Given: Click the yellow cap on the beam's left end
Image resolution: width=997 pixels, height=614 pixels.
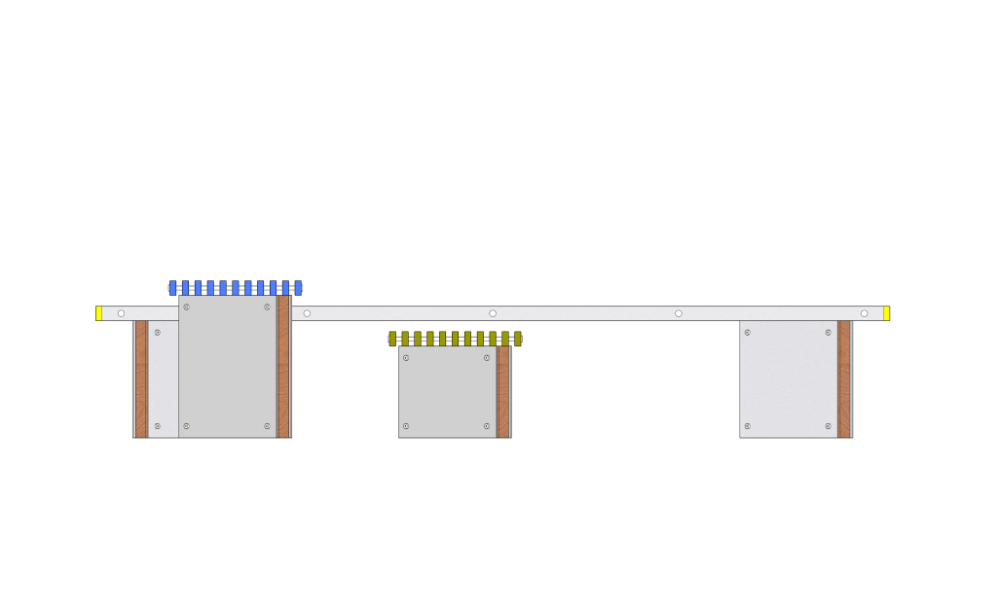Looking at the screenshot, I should [98, 313].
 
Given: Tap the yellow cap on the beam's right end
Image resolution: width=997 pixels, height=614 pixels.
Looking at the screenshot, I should [886, 313].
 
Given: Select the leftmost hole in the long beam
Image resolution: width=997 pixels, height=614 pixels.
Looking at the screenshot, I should [121, 313].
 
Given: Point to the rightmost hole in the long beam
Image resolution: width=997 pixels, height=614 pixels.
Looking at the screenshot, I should [864, 313].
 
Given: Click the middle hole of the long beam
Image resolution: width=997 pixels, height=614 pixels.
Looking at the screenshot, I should [493, 313].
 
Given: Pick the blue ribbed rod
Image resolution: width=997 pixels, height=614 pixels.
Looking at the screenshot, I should [236, 288].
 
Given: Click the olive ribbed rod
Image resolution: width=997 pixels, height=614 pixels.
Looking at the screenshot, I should [455, 339].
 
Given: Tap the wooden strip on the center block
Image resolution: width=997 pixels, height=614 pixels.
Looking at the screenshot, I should [503, 391].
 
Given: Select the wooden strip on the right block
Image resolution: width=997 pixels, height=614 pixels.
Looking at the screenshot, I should [844, 379].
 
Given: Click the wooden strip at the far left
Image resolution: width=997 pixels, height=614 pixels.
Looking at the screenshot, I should [141, 379].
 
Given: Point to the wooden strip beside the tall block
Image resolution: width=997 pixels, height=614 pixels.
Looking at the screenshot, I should [283, 366].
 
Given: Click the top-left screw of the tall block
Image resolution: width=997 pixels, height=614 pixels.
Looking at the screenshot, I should [187, 307].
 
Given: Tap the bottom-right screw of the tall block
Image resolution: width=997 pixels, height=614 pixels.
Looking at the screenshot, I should [267, 426].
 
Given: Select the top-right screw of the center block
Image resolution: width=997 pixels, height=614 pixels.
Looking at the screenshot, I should [487, 358].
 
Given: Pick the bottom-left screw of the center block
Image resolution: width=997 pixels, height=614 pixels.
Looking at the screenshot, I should [406, 426].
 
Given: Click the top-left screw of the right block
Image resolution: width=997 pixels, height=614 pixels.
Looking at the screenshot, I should [748, 333].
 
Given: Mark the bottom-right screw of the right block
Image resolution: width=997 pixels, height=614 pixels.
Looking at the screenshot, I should [828, 426].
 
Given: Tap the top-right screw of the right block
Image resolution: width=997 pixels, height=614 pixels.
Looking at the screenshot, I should [828, 333].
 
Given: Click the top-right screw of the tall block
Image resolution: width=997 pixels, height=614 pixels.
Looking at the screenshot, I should [267, 307].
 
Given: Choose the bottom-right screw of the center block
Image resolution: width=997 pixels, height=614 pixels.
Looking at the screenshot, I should [487, 426].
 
